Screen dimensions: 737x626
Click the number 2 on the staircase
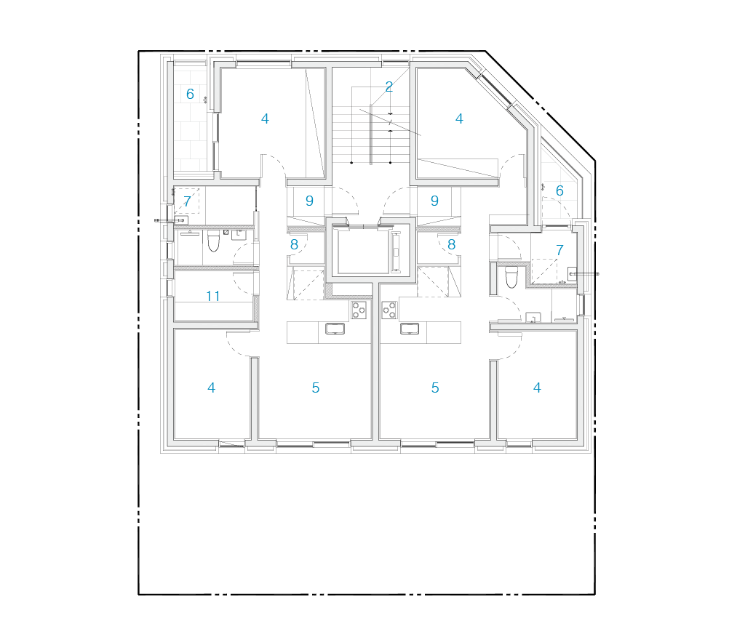pyautogui.click(x=389, y=87)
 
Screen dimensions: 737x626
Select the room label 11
pyautogui.click(x=213, y=296)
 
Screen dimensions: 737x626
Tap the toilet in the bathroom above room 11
pyautogui.click(x=213, y=241)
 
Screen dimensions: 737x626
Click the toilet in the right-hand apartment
pyautogui.click(x=511, y=277)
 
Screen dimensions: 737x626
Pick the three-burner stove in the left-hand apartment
pyautogui.click(x=359, y=310)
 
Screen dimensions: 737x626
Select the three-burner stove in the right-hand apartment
pyautogui.click(x=389, y=310)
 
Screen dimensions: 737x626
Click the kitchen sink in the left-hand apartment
pyautogui.click(x=335, y=329)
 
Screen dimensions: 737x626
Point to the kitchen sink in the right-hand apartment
pyautogui.click(x=410, y=329)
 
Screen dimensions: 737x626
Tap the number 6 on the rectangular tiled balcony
pyautogui.click(x=190, y=94)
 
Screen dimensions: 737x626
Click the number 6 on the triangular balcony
pyautogui.click(x=559, y=190)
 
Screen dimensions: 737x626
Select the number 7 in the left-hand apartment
pyautogui.click(x=187, y=201)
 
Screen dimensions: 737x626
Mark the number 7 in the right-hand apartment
pyautogui.click(x=559, y=250)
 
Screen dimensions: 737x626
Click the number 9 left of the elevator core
pyautogui.click(x=309, y=201)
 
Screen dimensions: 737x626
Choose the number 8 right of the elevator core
pyautogui.click(x=451, y=245)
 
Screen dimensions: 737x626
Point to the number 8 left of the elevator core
pyautogui.click(x=294, y=245)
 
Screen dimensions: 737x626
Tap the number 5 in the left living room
pyautogui.click(x=315, y=388)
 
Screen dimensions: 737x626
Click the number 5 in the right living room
pyautogui.click(x=435, y=388)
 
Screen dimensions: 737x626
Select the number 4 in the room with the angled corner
pyautogui.click(x=459, y=119)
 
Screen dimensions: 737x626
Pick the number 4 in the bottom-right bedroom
pyautogui.click(x=537, y=388)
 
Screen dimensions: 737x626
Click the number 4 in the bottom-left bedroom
pyautogui.click(x=211, y=388)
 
